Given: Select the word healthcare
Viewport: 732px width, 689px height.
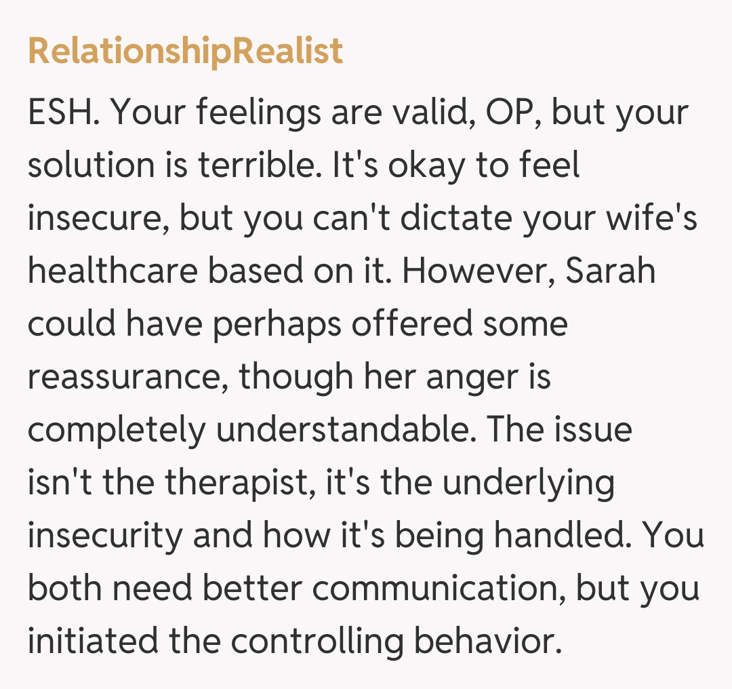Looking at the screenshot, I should click(111, 272).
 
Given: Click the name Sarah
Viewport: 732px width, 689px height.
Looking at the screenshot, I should click(610, 272).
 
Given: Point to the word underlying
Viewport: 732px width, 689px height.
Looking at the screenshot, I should click(523, 484).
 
